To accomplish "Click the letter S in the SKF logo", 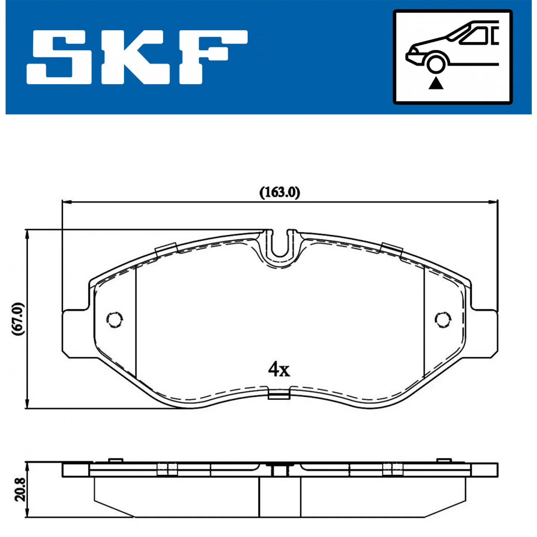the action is tap(59, 57).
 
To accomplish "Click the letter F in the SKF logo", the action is tap(213, 57).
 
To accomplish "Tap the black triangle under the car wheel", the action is tap(436, 84).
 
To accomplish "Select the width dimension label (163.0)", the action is tap(280, 192).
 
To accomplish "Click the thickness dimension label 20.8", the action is tap(20, 489).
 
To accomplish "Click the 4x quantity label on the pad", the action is tap(279, 370).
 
